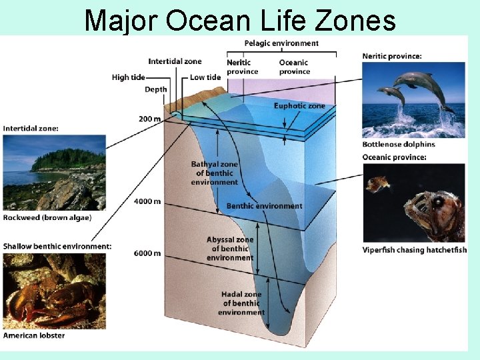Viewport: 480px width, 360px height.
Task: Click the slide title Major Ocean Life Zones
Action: (x=240, y=20)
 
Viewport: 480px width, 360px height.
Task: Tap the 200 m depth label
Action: (x=149, y=119)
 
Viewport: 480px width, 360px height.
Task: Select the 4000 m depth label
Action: (x=147, y=201)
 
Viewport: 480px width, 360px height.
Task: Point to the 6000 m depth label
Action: (x=147, y=253)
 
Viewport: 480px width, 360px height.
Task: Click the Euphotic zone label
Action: (x=299, y=106)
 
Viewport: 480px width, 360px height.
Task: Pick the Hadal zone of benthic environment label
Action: (x=241, y=303)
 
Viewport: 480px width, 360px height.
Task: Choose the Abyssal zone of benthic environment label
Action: (x=230, y=249)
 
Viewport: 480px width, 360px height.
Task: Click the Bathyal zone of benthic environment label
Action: (x=214, y=173)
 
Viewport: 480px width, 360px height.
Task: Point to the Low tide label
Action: (x=205, y=77)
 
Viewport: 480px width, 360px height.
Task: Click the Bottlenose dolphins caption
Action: (x=399, y=144)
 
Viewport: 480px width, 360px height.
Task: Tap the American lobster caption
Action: (x=34, y=335)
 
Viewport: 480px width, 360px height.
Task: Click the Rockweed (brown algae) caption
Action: (x=47, y=217)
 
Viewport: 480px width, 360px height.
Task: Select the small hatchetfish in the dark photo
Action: (x=378, y=184)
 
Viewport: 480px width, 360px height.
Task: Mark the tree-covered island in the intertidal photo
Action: (x=67, y=160)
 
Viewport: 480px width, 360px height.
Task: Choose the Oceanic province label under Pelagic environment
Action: (x=295, y=67)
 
